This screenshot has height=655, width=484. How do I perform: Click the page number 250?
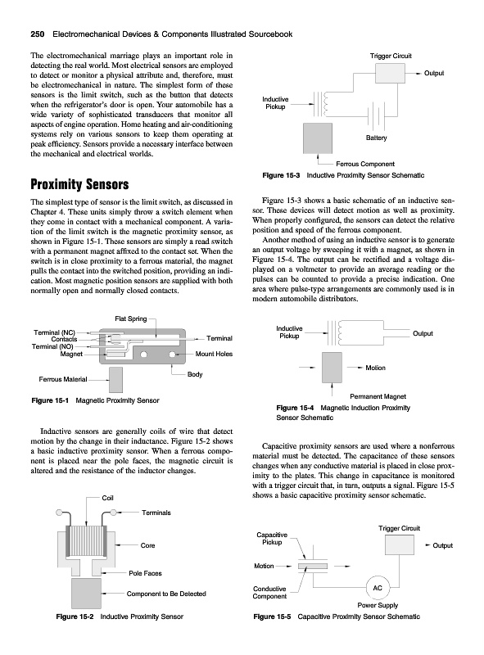tap(38, 34)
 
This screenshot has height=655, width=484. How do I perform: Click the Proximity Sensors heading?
tap(79, 184)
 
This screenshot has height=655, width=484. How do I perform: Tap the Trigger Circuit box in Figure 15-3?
tap(390, 74)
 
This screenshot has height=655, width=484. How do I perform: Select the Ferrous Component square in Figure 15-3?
tap(318, 138)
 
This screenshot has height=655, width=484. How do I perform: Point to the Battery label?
tap(376, 138)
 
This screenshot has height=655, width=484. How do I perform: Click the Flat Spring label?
tap(131, 318)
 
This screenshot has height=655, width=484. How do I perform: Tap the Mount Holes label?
tap(214, 354)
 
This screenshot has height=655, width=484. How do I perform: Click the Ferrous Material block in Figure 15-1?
tap(115, 380)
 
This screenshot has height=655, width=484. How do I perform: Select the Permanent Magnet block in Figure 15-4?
tap(332, 368)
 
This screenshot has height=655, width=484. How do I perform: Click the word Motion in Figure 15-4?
tap(375, 368)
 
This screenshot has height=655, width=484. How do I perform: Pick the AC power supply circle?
tap(378, 588)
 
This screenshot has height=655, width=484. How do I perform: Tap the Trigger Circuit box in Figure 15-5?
tap(399, 545)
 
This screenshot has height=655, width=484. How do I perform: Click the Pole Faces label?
tap(145, 573)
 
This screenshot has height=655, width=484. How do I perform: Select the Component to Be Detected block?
tap(87, 593)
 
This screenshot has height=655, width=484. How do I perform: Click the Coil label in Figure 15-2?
tap(107, 498)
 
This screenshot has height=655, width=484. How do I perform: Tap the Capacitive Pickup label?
tap(272, 539)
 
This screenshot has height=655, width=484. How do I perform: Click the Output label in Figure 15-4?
tap(423, 333)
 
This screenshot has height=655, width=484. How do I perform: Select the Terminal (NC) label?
tap(54, 332)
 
